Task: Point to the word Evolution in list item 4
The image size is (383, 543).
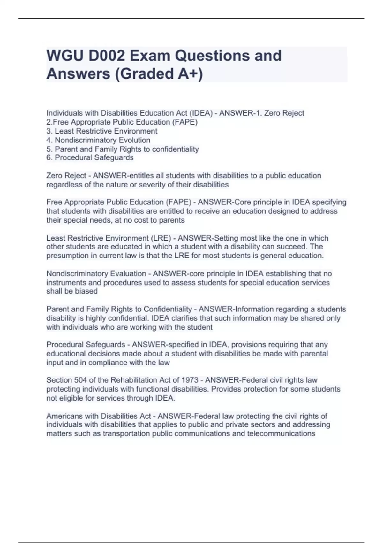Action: pos(134,140)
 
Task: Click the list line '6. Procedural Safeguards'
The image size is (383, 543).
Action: pos(90,157)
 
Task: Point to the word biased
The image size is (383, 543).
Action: pos(89,291)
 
